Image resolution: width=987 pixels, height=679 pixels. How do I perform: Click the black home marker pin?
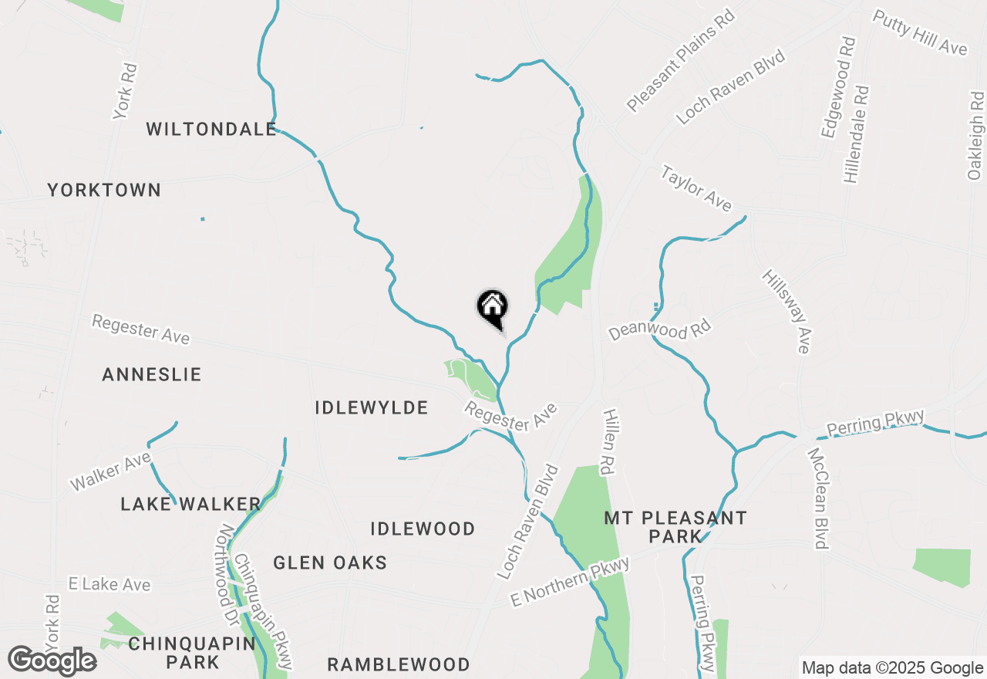click(493, 308)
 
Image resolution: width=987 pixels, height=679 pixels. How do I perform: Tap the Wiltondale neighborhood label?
click(211, 129)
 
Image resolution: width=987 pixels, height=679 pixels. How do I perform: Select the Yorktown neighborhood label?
click(104, 190)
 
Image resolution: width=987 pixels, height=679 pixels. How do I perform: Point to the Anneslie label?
click(152, 375)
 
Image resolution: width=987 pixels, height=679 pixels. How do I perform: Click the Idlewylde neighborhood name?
click(372, 407)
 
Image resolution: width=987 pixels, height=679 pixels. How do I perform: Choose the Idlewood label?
click(423, 529)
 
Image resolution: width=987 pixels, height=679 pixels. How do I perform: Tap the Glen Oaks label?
click(330, 563)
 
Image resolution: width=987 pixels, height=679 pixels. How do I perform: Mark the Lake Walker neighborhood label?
click(190, 505)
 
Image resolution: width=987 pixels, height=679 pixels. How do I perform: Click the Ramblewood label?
click(399, 664)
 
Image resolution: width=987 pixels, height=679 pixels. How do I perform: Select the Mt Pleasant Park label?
click(675, 525)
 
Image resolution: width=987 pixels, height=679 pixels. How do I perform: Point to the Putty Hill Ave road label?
click(919, 32)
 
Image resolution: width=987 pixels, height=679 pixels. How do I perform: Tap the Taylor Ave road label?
click(696, 188)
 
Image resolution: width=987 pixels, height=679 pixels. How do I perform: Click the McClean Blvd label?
click(817, 498)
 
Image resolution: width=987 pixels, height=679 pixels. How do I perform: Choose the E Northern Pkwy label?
click(571, 581)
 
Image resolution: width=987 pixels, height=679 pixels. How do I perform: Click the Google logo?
click(52, 661)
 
